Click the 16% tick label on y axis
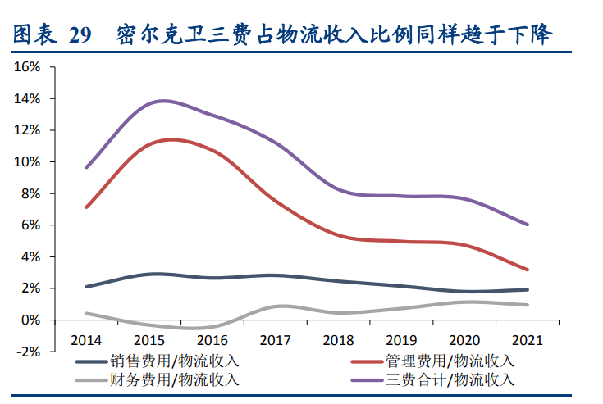click(27, 67)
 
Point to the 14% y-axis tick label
click(27, 99)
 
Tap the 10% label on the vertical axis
click(27, 162)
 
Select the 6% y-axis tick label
click(30, 225)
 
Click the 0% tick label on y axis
click(30, 320)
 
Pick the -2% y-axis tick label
click(29, 352)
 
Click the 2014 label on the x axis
click(86, 338)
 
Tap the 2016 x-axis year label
click(212, 338)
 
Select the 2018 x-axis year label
click(337, 338)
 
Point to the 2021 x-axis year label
click(526, 338)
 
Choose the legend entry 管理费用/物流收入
click(449, 361)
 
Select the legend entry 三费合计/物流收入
click(449, 379)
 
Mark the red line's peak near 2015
click(171, 139)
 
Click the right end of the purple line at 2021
click(528, 225)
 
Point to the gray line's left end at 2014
click(86, 313)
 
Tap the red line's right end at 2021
click(528, 270)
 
